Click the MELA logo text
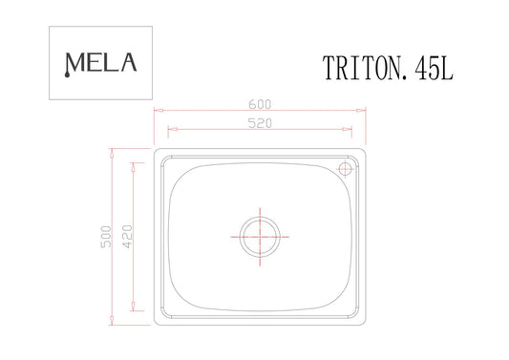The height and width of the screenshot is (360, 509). pos(100,64)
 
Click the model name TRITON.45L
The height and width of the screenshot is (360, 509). pos(388,68)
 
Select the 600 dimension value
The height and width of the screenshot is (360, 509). pos(260,104)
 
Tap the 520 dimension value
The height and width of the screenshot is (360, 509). pos(260,123)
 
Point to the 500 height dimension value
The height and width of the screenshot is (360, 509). pos(106,237)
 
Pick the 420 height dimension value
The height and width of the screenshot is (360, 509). pos(128,237)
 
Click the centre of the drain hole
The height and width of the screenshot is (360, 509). pos(260,237)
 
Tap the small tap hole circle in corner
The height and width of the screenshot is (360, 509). pos(345,169)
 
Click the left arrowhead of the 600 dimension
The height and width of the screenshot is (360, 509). pos(159,111)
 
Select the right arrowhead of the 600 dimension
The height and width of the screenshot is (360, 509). pos(361,111)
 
